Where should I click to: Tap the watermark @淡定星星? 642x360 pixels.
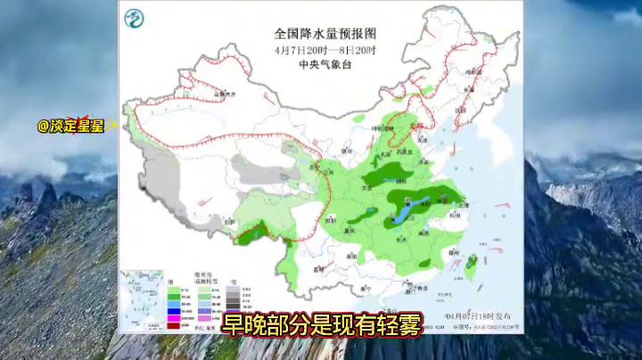(x=70, y=126)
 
